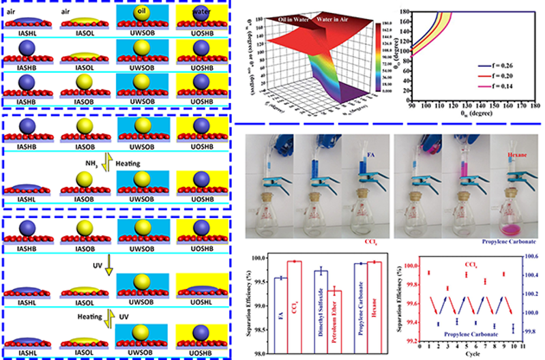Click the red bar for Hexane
click(x=372, y=307)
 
